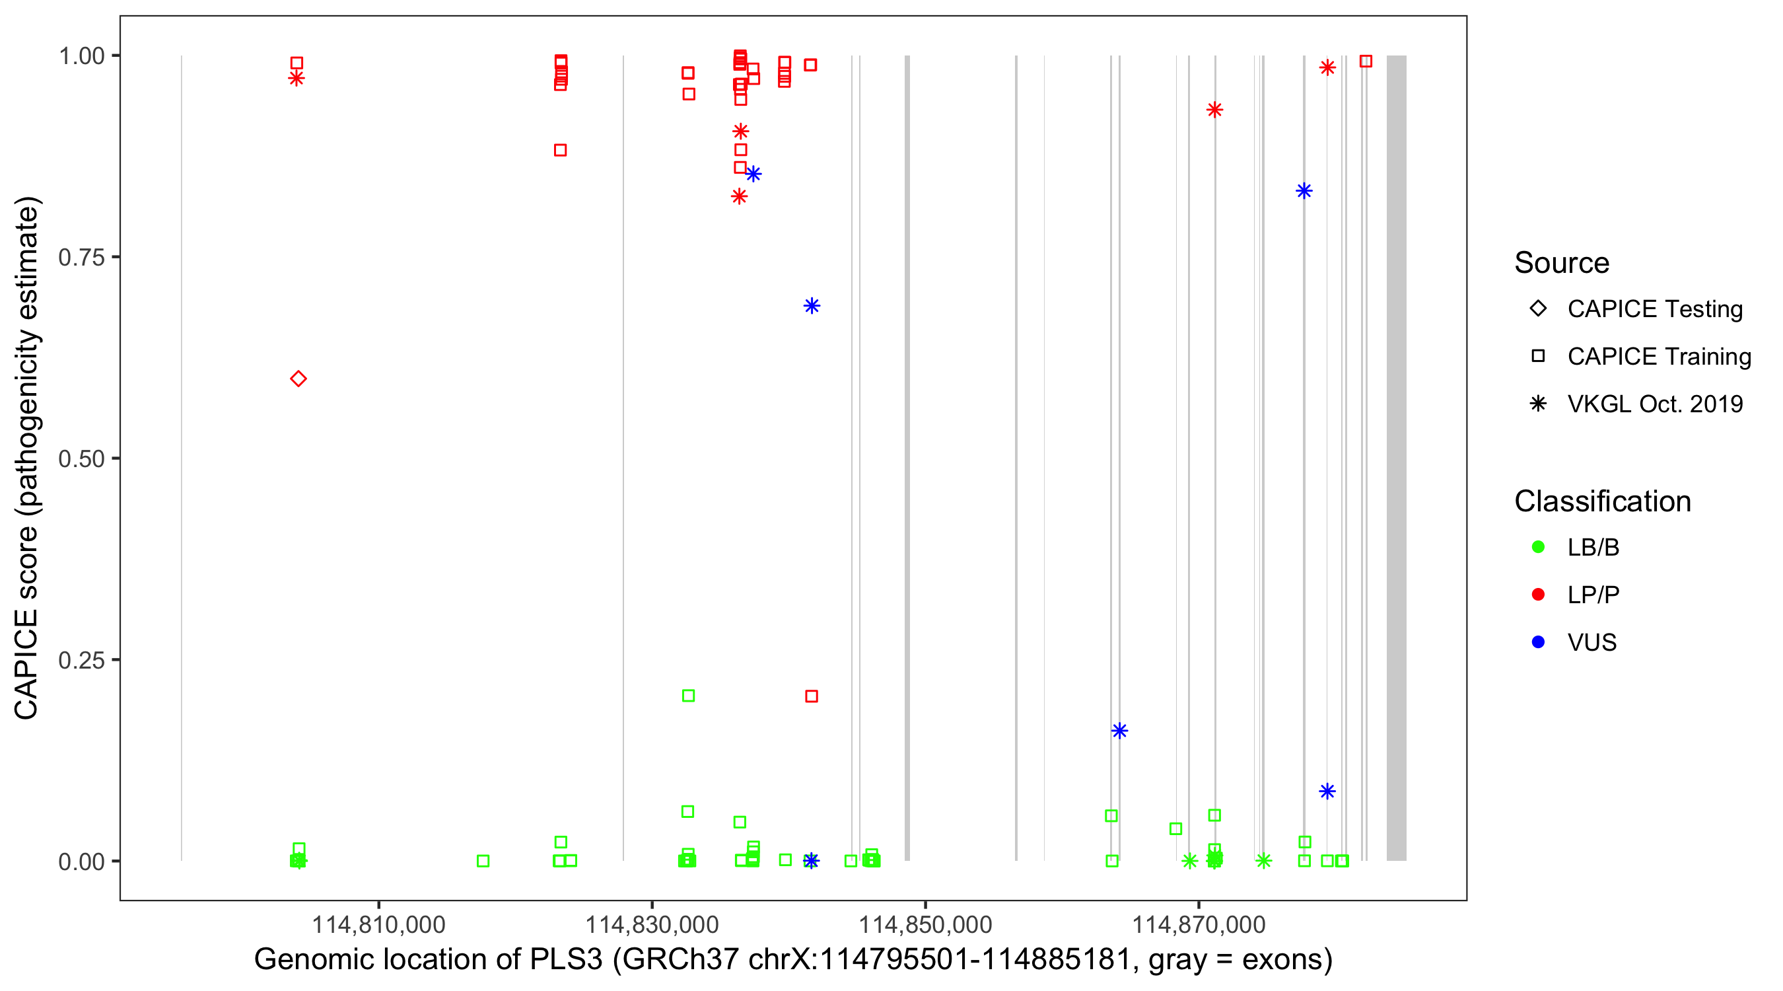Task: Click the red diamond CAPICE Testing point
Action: (298, 379)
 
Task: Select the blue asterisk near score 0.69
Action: (812, 306)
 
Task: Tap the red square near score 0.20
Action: (812, 696)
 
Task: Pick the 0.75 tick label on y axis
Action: (81, 258)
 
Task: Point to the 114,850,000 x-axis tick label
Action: (925, 924)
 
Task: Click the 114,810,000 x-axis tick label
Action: (378, 924)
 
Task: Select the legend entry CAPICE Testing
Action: (1654, 309)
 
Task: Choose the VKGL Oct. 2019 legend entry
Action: (1654, 404)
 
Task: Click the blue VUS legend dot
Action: (1538, 642)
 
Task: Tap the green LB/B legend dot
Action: (1538, 547)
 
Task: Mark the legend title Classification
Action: (1602, 501)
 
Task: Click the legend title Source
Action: (1562, 263)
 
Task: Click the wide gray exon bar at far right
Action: (1396, 458)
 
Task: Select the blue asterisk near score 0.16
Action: (1119, 731)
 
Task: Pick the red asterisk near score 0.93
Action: (1214, 110)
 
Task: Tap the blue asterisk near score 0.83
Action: (1304, 191)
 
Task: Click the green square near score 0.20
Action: (688, 695)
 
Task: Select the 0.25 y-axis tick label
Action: (81, 660)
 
